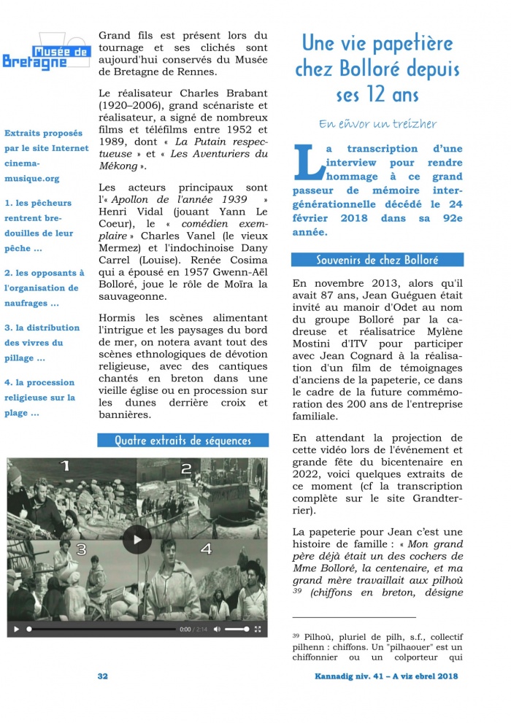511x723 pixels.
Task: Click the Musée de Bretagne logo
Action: [45, 52]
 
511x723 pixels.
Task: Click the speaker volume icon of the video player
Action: [218, 629]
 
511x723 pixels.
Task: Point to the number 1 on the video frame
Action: [64, 465]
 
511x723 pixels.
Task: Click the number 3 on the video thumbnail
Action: [81, 549]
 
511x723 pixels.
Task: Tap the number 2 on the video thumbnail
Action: [186, 469]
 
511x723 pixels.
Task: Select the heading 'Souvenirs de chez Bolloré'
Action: [377, 260]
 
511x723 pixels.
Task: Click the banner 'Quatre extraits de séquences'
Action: [182, 441]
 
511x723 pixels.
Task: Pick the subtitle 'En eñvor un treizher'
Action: [377, 124]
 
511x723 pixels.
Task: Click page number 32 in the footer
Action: [103, 676]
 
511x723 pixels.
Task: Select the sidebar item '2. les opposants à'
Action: [45, 272]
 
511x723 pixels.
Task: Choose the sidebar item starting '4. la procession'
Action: [39, 382]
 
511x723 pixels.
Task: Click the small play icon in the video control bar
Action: [16, 629]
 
